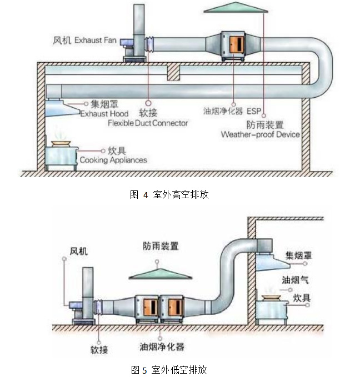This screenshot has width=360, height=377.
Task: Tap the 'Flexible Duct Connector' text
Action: (x=148, y=123)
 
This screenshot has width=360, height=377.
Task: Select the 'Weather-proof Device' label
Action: (x=260, y=134)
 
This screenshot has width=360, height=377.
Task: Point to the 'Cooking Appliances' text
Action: (x=113, y=160)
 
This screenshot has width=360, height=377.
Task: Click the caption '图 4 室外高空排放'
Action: (x=168, y=194)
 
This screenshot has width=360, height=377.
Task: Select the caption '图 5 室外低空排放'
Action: (x=169, y=369)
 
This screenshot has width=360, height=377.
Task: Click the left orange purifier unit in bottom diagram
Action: (x=147, y=306)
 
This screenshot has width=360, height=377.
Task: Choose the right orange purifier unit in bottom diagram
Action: (x=174, y=306)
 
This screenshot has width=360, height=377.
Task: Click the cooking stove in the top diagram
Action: (x=61, y=155)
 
